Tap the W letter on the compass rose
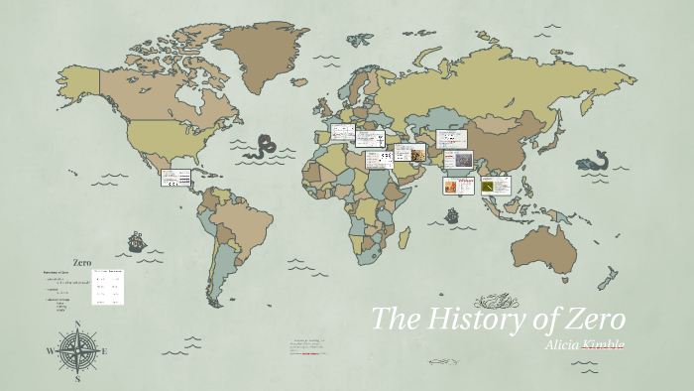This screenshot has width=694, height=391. pyautogui.click(x=50, y=350)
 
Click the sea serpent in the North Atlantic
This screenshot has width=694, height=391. pyautogui.click(x=264, y=147)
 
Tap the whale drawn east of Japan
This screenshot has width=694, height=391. pyautogui.click(x=596, y=158)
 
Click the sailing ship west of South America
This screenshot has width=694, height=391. pyautogui.click(x=137, y=240)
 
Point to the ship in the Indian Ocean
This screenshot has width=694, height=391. pyautogui.click(x=451, y=214)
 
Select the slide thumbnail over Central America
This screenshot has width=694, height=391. pyautogui.click(x=174, y=178)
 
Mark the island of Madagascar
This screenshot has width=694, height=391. pyautogui.click(x=405, y=237)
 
